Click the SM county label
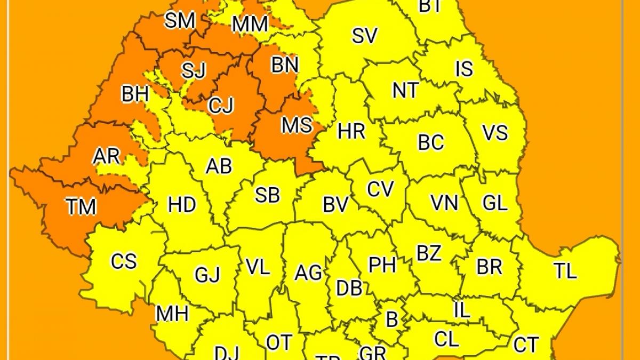[x=180, y=21]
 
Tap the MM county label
[x=250, y=24]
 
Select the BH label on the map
[x=135, y=94]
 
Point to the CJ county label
[x=221, y=106]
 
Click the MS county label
[x=297, y=126]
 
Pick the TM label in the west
[x=82, y=207]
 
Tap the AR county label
[x=107, y=157]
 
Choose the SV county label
[x=365, y=36]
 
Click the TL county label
[x=565, y=271]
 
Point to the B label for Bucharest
[x=392, y=319]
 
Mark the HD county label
[x=182, y=205]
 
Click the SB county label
[x=267, y=195]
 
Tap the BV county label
[x=335, y=205]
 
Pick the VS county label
[x=495, y=133]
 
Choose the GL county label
[x=495, y=203]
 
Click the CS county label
[x=124, y=262]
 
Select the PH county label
[x=382, y=265]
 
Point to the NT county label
[x=405, y=91]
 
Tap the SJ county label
[x=193, y=70]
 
